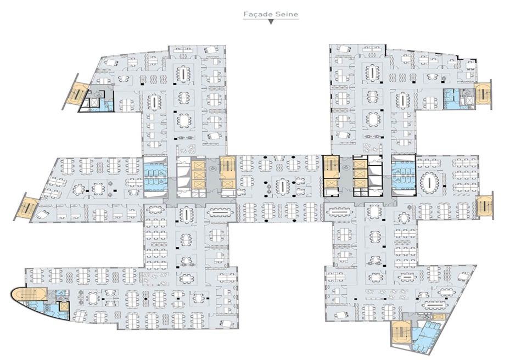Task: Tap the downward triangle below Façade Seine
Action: pos(271,23)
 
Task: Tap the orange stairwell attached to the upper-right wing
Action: pos(483,93)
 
